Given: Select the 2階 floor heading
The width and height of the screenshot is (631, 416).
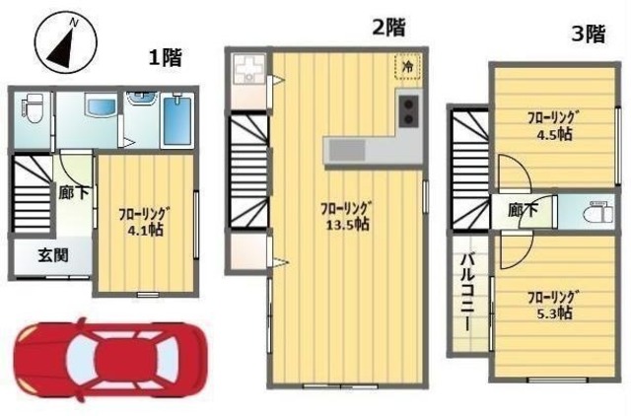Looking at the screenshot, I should click(x=388, y=27).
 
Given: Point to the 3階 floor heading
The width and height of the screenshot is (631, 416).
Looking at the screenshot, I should click(x=588, y=35).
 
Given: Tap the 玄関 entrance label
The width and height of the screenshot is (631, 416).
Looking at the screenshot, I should click(x=52, y=256).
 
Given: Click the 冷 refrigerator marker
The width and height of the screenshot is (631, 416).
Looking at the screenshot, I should click(x=406, y=66).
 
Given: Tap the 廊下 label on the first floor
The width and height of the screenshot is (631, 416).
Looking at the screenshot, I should click(x=72, y=195).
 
